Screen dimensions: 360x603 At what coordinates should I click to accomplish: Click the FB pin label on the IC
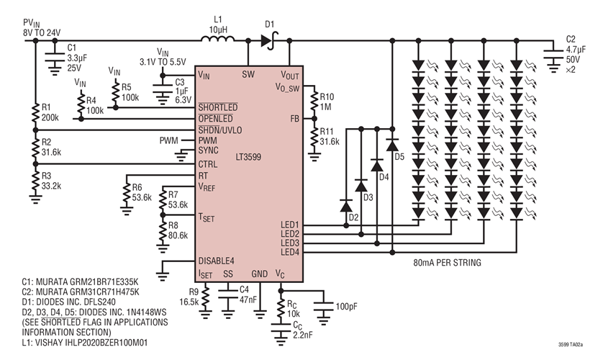295,117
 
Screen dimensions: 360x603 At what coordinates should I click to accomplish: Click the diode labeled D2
345,205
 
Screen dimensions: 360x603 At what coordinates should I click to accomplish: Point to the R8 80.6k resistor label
176,230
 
